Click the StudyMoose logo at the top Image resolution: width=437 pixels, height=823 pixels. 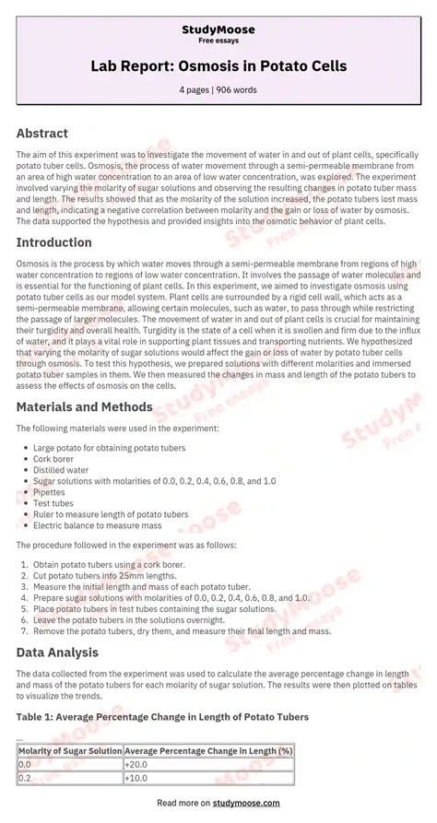[218, 29]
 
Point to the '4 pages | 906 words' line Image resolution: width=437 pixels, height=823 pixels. [218, 89]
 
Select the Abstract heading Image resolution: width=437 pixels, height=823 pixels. [42, 133]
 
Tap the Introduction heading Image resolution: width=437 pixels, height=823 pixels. [54, 242]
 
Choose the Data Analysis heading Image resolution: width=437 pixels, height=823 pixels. [57, 652]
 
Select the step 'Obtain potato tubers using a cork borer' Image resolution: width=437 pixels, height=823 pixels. [110, 563]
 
